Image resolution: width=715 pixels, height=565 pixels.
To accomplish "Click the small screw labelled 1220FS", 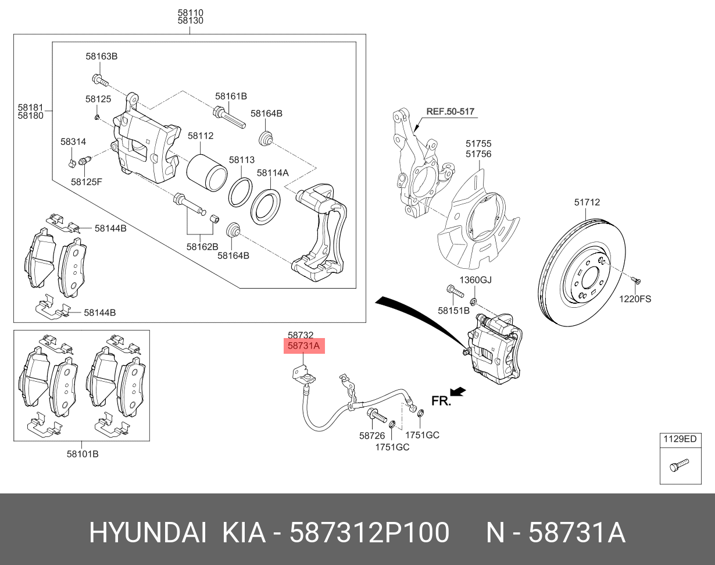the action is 637,282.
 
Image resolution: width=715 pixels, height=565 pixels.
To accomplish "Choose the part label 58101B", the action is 82,454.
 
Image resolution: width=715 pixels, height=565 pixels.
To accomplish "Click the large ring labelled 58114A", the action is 266,207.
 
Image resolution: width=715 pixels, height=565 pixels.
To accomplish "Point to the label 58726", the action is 372,435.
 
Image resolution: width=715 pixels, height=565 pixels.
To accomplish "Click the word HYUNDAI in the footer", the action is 147,532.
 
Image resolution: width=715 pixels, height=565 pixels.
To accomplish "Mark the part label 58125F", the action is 87,182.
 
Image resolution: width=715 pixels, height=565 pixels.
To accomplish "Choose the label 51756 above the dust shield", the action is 478,154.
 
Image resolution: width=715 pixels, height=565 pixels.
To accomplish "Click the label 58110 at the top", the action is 191,12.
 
